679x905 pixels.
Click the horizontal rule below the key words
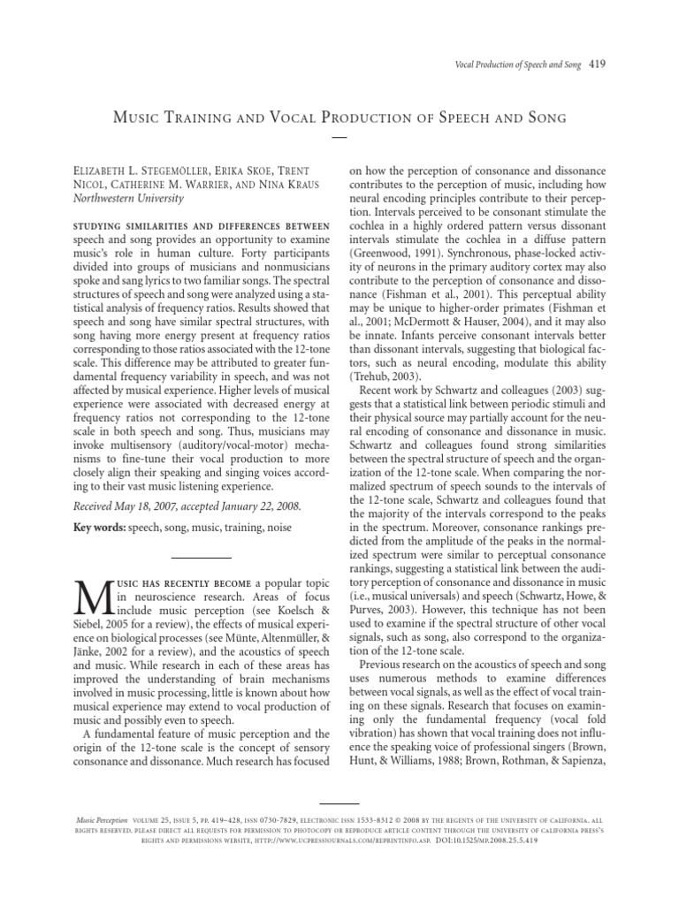click(x=200, y=557)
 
